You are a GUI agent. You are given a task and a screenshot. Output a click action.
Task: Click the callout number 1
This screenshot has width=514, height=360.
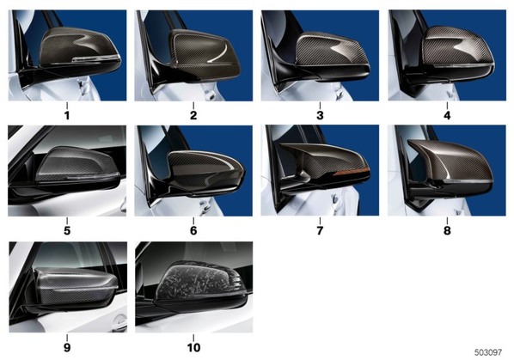tap(67, 115)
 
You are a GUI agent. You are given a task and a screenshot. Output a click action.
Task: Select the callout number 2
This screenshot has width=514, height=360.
tap(193, 115)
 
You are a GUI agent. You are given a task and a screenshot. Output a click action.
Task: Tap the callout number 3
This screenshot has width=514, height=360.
tap(320, 115)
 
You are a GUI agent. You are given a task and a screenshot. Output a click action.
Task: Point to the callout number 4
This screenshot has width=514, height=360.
tap(447, 115)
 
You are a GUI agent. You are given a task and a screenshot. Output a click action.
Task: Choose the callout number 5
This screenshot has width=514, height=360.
tap(67, 230)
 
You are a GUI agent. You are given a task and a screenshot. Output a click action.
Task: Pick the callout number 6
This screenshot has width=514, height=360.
tap(193, 230)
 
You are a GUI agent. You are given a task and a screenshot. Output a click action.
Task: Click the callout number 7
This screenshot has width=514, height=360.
tap(320, 230)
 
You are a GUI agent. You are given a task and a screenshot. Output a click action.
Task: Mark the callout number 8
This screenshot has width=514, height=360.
tap(447, 230)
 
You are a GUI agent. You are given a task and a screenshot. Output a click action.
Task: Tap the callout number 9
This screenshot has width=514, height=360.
tap(67, 348)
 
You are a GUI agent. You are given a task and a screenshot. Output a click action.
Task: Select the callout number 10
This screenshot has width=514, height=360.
tap(193, 348)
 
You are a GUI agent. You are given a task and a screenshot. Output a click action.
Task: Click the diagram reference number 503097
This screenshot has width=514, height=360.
tap(488, 352)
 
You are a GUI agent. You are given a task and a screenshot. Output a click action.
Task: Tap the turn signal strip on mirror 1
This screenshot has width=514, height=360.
tap(95, 58)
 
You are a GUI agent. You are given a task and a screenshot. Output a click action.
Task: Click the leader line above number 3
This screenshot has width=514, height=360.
tap(320, 106)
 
